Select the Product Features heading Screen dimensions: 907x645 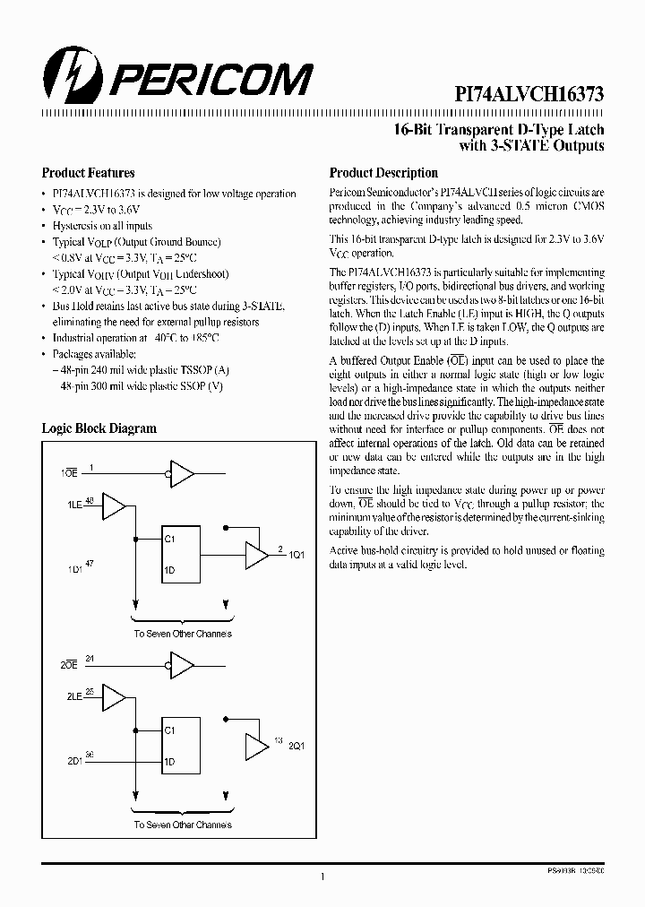pos(89,173)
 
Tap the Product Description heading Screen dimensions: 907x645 pos(383,173)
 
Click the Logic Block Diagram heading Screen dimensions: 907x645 pos(99,428)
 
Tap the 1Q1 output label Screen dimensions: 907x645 pos(297,555)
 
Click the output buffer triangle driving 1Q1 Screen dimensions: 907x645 pos(257,555)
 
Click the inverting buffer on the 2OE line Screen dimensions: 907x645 pos(181,665)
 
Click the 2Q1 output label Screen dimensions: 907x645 pos(297,746)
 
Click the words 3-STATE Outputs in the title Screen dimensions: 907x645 pos(546,145)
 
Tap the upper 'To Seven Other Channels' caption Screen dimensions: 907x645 pos(183,634)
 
